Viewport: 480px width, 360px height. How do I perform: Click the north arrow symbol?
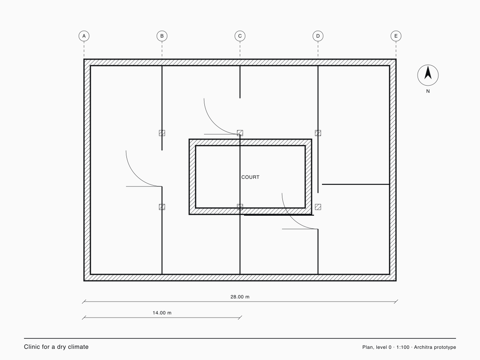click(x=428, y=75)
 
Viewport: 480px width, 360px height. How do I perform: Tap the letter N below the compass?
click(x=428, y=91)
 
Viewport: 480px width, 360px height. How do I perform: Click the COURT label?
click(x=250, y=177)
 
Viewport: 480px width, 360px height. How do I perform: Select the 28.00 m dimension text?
click(x=240, y=297)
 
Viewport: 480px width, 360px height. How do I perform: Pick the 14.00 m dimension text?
click(x=162, y=313)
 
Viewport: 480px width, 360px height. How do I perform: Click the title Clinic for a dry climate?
click(x=56, y=347)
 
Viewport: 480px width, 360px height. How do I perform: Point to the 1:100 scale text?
click(x=403, y=347)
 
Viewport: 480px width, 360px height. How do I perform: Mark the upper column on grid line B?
click(x=162, y=133)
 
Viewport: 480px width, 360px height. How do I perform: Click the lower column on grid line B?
click(x=162, y=207)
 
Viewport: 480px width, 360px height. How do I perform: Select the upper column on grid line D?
click(x=318, y=133)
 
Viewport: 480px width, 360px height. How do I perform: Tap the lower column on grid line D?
click(x=318, y=207)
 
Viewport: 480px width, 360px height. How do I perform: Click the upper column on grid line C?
click(x=240, y=133)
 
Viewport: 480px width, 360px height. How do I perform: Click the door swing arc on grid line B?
click(x=136, y=176)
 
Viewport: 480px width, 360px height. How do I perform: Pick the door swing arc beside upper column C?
click(x=214, y=124)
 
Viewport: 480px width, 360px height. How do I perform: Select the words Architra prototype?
click(x=435, y=347)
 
